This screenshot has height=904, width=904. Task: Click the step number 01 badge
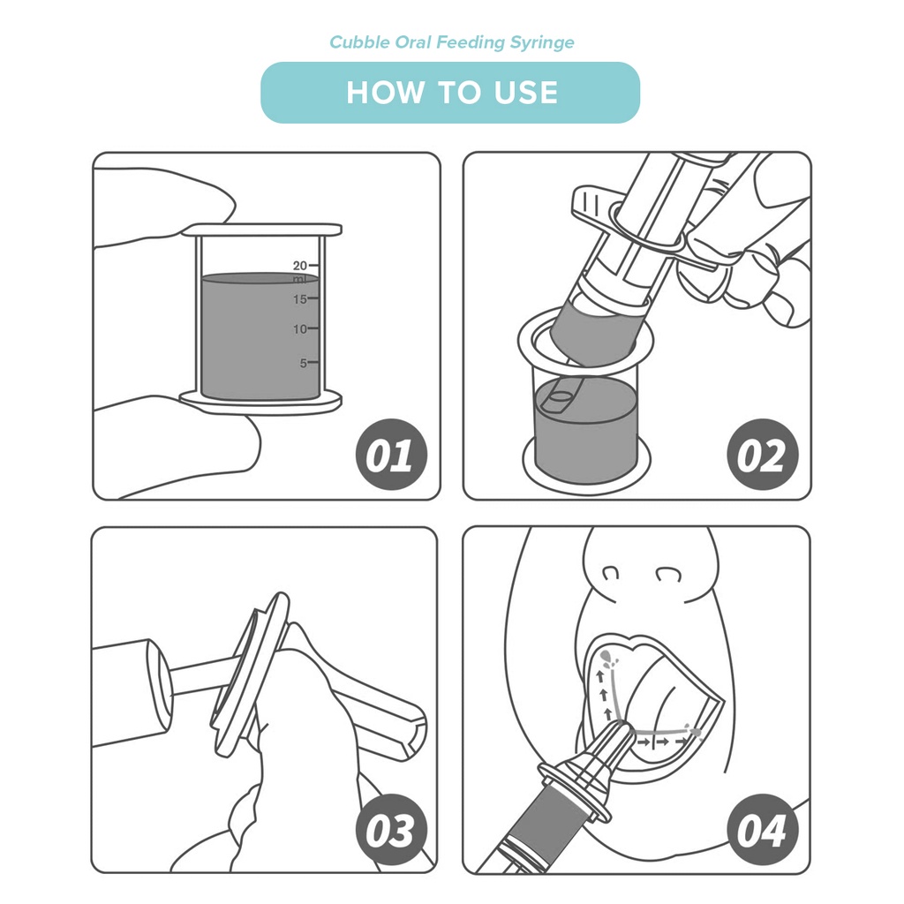391,455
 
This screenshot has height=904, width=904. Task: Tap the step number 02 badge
762,455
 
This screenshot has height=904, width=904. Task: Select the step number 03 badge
391,830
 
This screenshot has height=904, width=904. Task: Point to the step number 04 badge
762,830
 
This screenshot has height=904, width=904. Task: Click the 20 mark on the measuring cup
300,266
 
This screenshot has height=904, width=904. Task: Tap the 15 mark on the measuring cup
300,299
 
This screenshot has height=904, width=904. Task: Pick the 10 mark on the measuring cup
300,329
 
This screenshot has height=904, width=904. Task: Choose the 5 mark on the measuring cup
304,363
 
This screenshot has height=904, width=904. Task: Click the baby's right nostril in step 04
611,573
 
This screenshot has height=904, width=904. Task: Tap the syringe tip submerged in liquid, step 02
559,399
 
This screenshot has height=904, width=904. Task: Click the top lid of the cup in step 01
262,230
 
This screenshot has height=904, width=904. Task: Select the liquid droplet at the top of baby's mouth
606,657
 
